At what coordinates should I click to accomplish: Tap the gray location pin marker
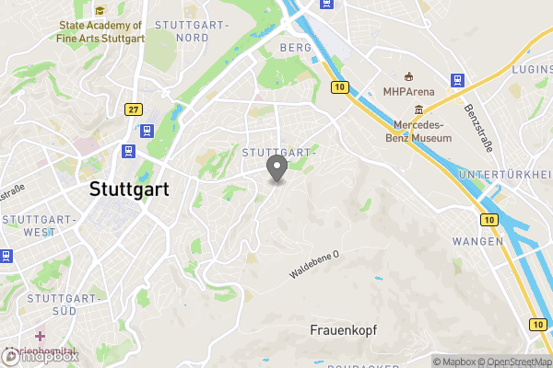[x=276, y=168]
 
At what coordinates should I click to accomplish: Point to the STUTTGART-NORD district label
[x=182, y=30]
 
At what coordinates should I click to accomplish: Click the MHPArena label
[x=408, y=91]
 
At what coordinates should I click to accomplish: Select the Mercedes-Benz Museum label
[x=420, y=131]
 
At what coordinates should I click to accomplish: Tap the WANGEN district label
[x=477, y=241]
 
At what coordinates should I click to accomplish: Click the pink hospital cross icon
[x=39, y=335]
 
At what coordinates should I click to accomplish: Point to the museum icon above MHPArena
[x=408, y=76]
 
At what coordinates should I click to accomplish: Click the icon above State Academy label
[x=100, y=9]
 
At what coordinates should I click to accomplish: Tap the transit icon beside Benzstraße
[x=456, y=81]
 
